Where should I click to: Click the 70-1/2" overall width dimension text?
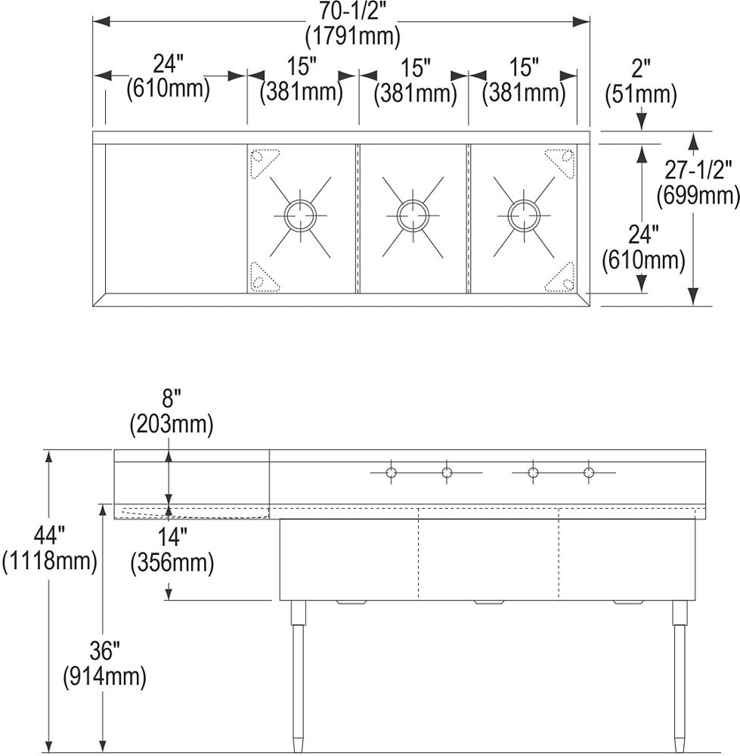coord(353,11)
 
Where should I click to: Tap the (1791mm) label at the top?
coord(353,35)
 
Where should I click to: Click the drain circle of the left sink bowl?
coord(299,215)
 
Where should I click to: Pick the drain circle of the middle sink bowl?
coord(413,215)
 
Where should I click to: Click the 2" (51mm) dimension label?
coord(641,82)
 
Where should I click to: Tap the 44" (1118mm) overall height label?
coord(50,549)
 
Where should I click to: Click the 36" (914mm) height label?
coord(104,662)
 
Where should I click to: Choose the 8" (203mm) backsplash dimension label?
coord(171,412)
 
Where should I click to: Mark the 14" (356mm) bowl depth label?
coord(171,550)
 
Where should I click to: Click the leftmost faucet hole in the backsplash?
coord(391,473)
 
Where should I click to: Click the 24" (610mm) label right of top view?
coord(643,249)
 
